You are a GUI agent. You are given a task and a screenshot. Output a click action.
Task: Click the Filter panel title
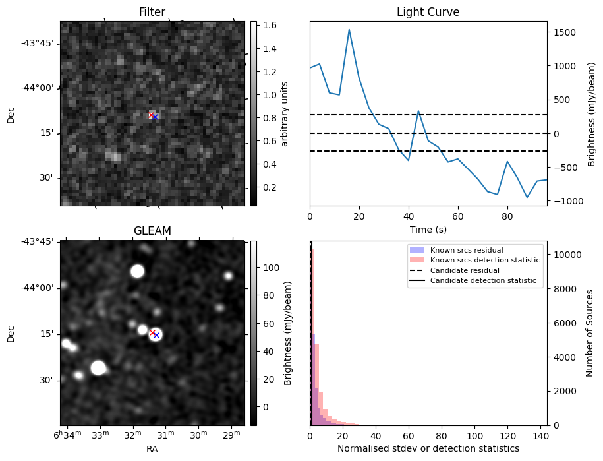tap(152, 12)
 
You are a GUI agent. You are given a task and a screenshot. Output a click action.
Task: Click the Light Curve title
tap(428, 12)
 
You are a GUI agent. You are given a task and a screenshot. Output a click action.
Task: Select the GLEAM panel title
tap(152, 231)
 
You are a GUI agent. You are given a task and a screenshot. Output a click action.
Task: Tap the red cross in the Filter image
tap(151, 115)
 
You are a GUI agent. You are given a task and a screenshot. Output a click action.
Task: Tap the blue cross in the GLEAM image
tap(157, 336)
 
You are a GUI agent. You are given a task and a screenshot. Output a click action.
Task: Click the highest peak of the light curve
tap(349, 29)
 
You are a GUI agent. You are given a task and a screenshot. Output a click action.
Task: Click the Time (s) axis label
tap(428, 230)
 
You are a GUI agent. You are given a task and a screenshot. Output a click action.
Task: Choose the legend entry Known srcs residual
tap(467, 250)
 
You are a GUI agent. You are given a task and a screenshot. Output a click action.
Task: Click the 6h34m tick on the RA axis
tap(68, 435)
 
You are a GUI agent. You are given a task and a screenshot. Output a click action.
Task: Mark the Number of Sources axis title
tap(589, 333)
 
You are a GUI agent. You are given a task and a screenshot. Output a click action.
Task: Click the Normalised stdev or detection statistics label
tap(428, 448)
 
